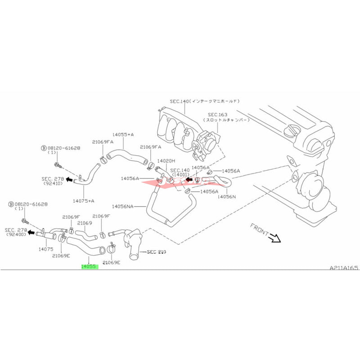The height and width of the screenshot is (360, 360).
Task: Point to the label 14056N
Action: coord(227,196)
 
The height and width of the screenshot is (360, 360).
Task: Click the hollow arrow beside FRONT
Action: coord(274,238)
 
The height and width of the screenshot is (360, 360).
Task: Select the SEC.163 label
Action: coord(218,115)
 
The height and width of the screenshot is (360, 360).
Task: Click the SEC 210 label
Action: coord(157,252)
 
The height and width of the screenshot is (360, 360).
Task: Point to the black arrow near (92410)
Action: coord(70,179)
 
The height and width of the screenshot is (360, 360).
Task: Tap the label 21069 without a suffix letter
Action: coord(84,223)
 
